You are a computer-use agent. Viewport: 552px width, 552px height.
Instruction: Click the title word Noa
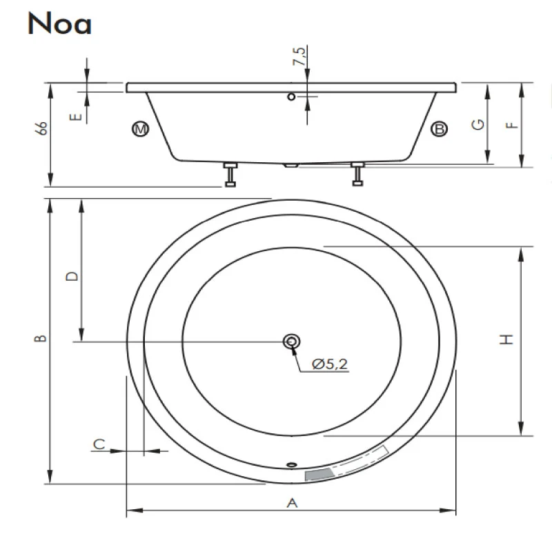click(x=59, y=23)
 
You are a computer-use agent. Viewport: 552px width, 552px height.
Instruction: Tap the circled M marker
click(x=141, y=129)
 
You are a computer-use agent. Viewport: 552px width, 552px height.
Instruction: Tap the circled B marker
click(x=439, y=129)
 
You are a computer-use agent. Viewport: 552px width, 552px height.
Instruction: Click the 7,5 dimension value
click(x=299, y=56)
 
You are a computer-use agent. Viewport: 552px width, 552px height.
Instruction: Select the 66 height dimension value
click(x=42, y=128)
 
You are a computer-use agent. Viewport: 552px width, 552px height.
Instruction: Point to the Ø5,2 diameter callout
click(x=330, y=364)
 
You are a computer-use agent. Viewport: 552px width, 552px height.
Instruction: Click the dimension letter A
click(x=292, y=503)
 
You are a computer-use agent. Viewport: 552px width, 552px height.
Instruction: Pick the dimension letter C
click(x=99, y=444)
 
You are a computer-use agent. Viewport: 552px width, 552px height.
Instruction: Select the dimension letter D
click(x=72, y=277)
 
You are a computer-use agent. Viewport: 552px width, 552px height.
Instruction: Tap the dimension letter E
click(x=76, y=117)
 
